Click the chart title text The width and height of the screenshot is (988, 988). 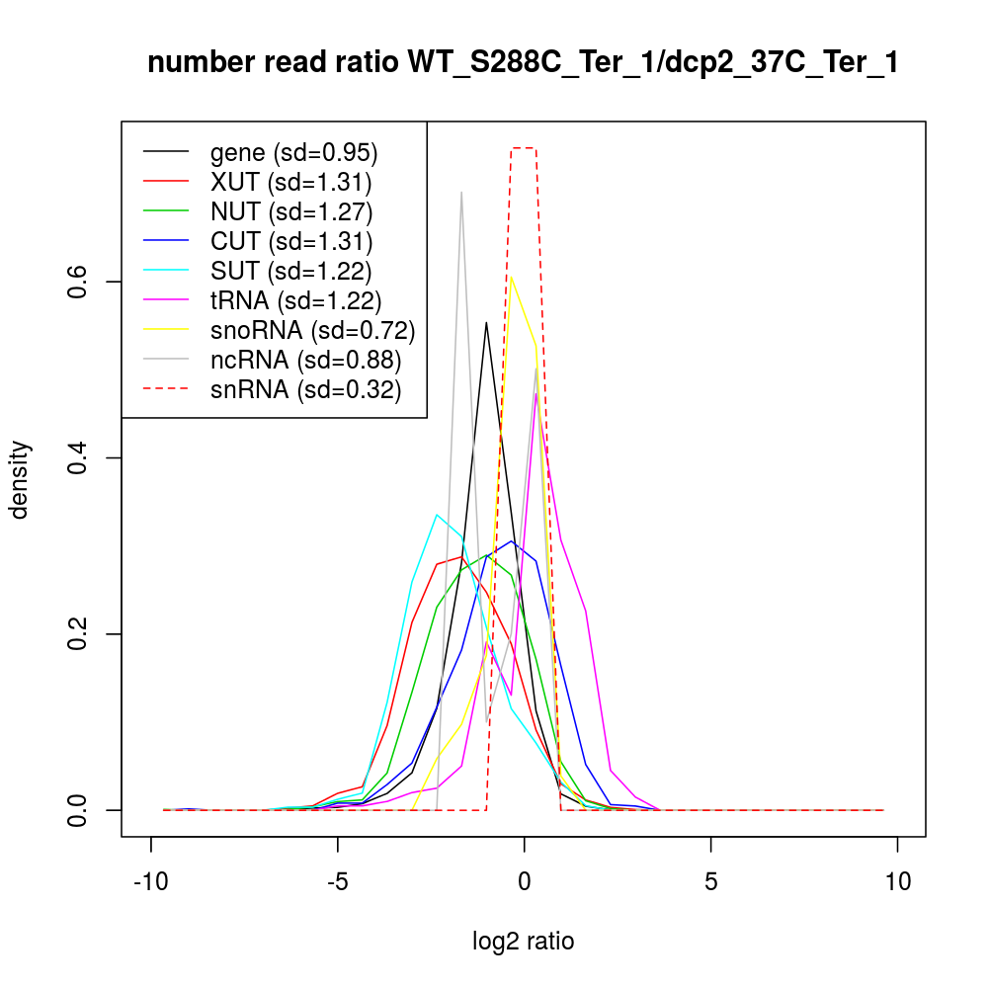click(523, 62)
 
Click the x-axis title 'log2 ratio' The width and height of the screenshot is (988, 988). click(524, 942)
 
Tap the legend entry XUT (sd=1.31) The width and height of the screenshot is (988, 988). click(290, 182)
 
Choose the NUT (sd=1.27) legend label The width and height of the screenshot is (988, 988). click(291, 211)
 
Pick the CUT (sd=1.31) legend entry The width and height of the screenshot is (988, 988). click(291, 241)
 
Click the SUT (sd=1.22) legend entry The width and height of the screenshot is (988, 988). click(291, 271)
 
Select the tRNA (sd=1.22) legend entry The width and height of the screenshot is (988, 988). click(295, 300)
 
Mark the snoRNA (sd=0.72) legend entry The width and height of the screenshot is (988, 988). click(312, 330)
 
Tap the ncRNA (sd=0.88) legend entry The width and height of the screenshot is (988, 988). click(305, 360)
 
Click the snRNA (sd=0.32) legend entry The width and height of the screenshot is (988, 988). click(305, 389)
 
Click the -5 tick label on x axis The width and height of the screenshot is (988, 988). click(337, 881)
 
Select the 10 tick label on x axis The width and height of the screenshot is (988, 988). click(897, 881)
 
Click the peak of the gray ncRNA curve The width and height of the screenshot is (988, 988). click(461, 193)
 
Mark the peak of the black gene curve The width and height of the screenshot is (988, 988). click(486, 322)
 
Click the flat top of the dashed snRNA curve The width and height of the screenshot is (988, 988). click(524, 148)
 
